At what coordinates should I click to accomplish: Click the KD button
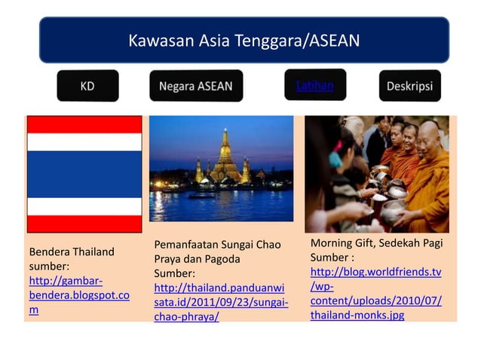click(87, 86)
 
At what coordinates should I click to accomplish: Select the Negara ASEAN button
click(195, 86)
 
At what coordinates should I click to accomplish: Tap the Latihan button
click(314, 85)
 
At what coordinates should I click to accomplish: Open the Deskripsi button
click(409, 86)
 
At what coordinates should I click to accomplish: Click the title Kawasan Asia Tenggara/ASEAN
click(244, 39)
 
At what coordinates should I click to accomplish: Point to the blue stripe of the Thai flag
click(84, 174)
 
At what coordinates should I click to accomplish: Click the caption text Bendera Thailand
click(72, 252)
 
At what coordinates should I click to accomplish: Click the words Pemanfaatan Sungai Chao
click(217, 245)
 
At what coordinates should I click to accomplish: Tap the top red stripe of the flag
click(84, 124)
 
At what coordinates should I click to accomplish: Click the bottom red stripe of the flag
click(84, 224)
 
